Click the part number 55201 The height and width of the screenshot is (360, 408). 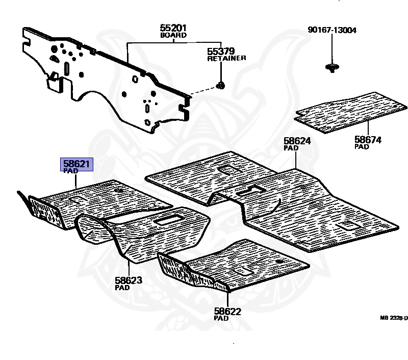click(173, 28)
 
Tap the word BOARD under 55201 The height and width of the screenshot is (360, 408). click(173, 35)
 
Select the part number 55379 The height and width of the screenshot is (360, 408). click(221, 51)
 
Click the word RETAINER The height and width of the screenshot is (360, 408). click(226, 58)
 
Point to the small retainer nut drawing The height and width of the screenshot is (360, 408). click(221, 85)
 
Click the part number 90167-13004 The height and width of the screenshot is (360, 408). click(332, 30)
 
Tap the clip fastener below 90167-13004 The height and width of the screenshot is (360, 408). click(332, 68)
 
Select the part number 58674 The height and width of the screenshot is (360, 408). click(368, 139)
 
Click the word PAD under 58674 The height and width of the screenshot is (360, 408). click(362, 146)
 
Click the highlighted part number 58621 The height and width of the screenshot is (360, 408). click(76, 164)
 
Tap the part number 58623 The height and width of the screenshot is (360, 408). click(129, 280)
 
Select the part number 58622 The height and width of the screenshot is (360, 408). click(227, 311)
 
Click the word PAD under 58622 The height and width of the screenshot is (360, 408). click(221, 318)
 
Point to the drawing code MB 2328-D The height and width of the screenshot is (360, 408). click(394, 318)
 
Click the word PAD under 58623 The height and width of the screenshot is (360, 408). click(122, 287)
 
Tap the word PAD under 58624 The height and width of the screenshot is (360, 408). click(291, 147)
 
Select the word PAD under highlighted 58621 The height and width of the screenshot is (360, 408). click(70, 171)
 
